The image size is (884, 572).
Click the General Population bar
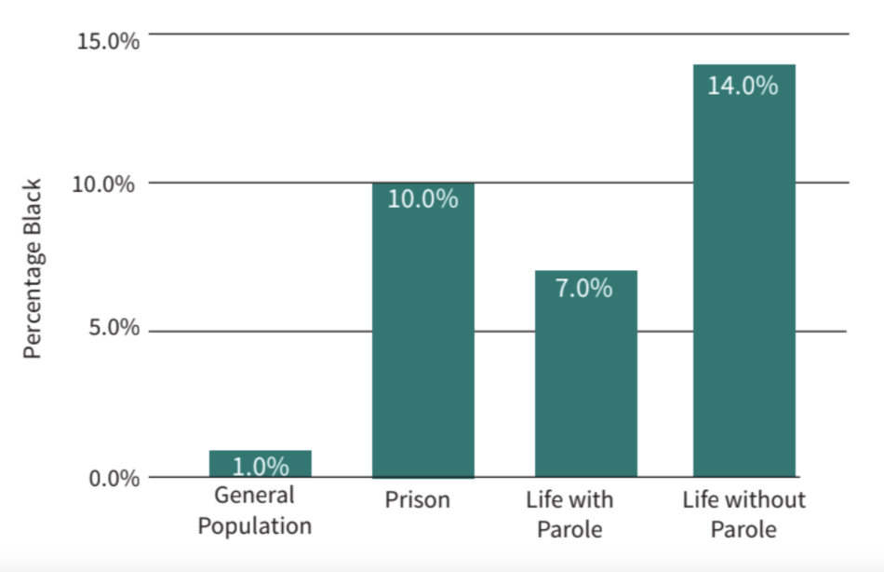click(x=260, y=464)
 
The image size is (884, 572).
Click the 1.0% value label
click(x=260, y=466)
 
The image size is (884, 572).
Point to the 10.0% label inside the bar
click(x=422, y=199)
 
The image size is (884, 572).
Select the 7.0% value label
click(x=584, y=288)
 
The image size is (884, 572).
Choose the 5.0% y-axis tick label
click(x=110, y=330)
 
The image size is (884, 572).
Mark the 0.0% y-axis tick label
click(x=110, y=479)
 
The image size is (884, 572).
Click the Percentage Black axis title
click(x=34, y=267)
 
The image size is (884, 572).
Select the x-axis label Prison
click(x=418, y=500)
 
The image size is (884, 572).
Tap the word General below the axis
click(x=254, y=496)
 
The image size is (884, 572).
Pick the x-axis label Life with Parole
click(x=570, y=514)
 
